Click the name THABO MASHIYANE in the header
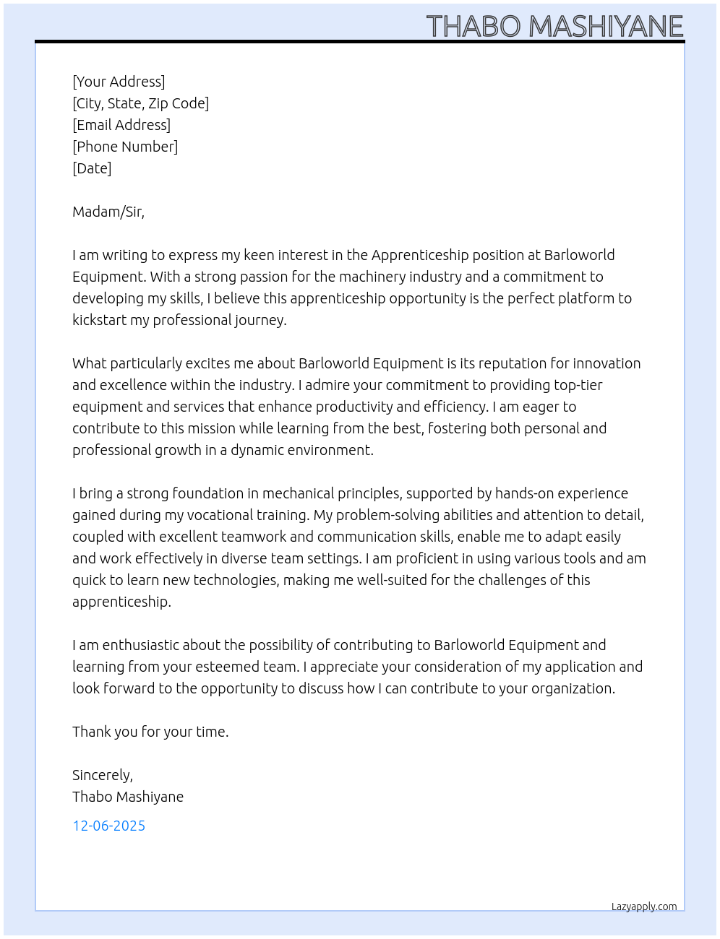click(554, 27)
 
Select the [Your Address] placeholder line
click(119, 82)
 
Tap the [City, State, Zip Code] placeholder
click(140, 103)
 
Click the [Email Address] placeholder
click(121, 125)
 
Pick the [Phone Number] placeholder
click(125, 147)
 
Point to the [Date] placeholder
click(92, 168)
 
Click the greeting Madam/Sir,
click(108, 212)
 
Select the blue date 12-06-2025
click(109, 826)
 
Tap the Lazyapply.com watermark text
click(644, 906)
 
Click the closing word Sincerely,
click(103, 775)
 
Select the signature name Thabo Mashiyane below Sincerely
click(128, 797)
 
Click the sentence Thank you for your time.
click(150, 732)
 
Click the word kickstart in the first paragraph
click(99, 320)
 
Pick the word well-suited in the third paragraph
click(391, 580)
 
